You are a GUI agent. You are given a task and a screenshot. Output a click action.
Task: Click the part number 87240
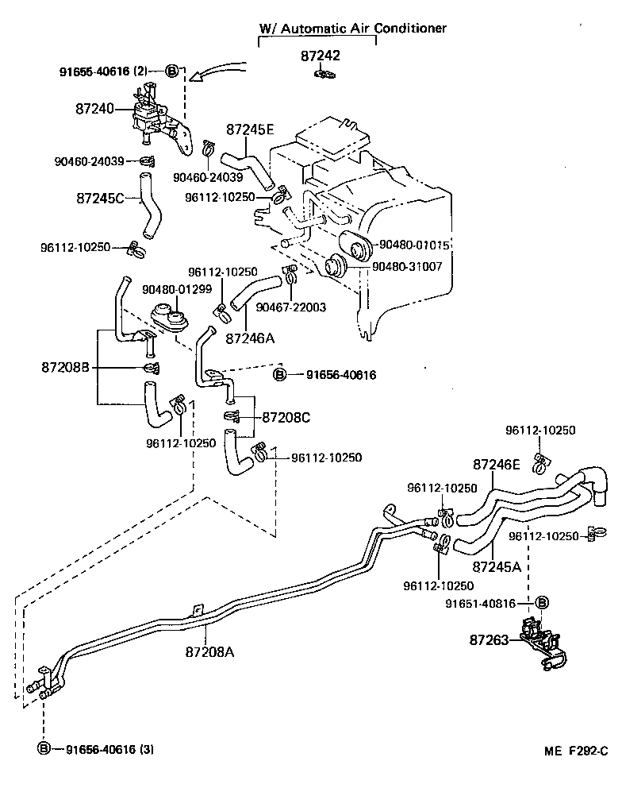(x=94, y=110)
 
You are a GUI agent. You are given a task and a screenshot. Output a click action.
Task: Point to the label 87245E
(x=251, y=130)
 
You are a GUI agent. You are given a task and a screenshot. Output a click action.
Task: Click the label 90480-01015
(x=414, y=245)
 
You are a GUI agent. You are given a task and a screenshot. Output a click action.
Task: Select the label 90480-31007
(x=414, y=266)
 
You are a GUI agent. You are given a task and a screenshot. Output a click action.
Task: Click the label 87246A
(x=250, y=338)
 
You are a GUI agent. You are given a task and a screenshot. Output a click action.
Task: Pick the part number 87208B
(x=66, y=367)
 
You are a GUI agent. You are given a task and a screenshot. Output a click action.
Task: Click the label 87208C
(x=287, y=416)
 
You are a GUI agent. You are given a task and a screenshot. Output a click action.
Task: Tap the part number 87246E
(x=497, y=464)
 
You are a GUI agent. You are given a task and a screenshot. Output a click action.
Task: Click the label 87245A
(x=496, y=567)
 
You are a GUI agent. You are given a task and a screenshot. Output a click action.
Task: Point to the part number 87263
(x=490, y=639)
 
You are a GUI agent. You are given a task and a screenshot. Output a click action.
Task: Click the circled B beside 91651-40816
(x=543, y=603)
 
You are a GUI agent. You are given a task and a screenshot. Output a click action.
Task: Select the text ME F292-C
(x=574, y=751)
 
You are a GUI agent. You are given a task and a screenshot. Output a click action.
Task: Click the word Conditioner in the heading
(x=412, y=28)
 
